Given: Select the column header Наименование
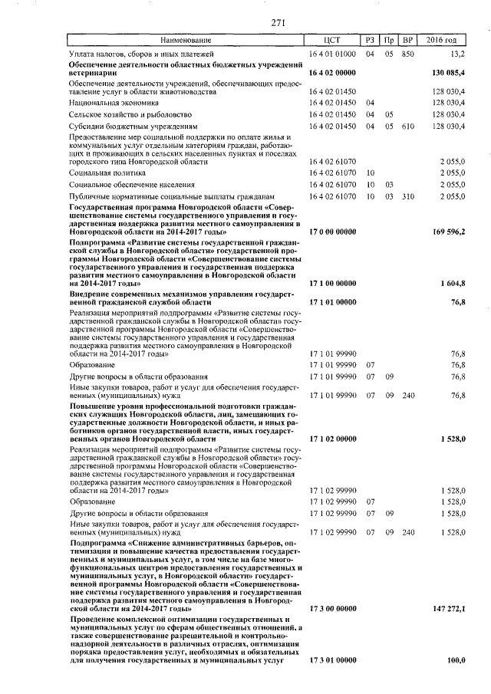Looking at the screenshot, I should coord(184,40).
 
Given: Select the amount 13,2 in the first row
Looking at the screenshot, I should coord(457,54).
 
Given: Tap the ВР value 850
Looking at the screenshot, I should coord(408,54).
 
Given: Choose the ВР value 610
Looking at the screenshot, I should coord(408,127).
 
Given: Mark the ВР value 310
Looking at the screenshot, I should coord(408,197).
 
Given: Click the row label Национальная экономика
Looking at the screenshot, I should coord(113,102).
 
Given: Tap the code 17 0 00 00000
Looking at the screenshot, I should coord(331,232).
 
